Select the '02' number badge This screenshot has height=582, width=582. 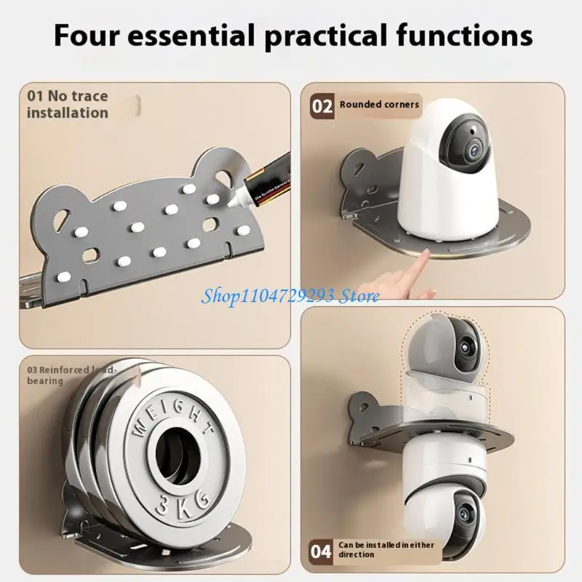tap(322, 105)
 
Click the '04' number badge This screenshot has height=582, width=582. tap(322, 549)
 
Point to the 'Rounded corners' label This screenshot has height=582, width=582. tap(379, 105)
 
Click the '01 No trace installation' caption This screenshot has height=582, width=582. tap(67, 104)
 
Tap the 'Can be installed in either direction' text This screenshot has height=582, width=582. tap(376, 549)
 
